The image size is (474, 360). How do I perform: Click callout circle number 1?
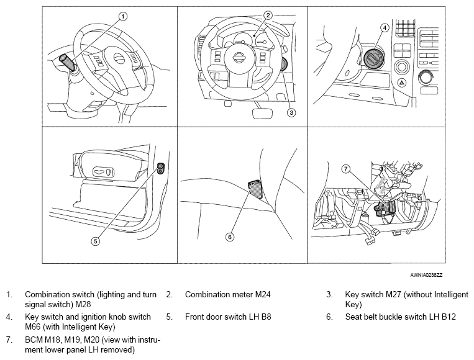pos(122,16)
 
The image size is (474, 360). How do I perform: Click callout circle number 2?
pos(268,15)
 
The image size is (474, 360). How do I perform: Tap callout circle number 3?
pos(291,112)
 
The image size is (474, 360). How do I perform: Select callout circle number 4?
pos(385,28)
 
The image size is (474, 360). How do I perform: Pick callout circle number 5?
pos(96,241)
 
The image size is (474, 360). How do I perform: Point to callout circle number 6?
pos(230,236)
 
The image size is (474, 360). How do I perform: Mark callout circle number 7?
pos(346,169)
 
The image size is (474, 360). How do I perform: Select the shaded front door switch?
pos(161,169)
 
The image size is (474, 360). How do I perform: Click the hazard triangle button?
pos(401,82)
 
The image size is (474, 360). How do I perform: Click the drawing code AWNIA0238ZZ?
pos(426,275)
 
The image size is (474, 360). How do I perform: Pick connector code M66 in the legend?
pos(33,326)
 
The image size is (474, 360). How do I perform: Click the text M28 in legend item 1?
pos(83,304)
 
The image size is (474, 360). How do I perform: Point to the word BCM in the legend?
pos(34,340)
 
